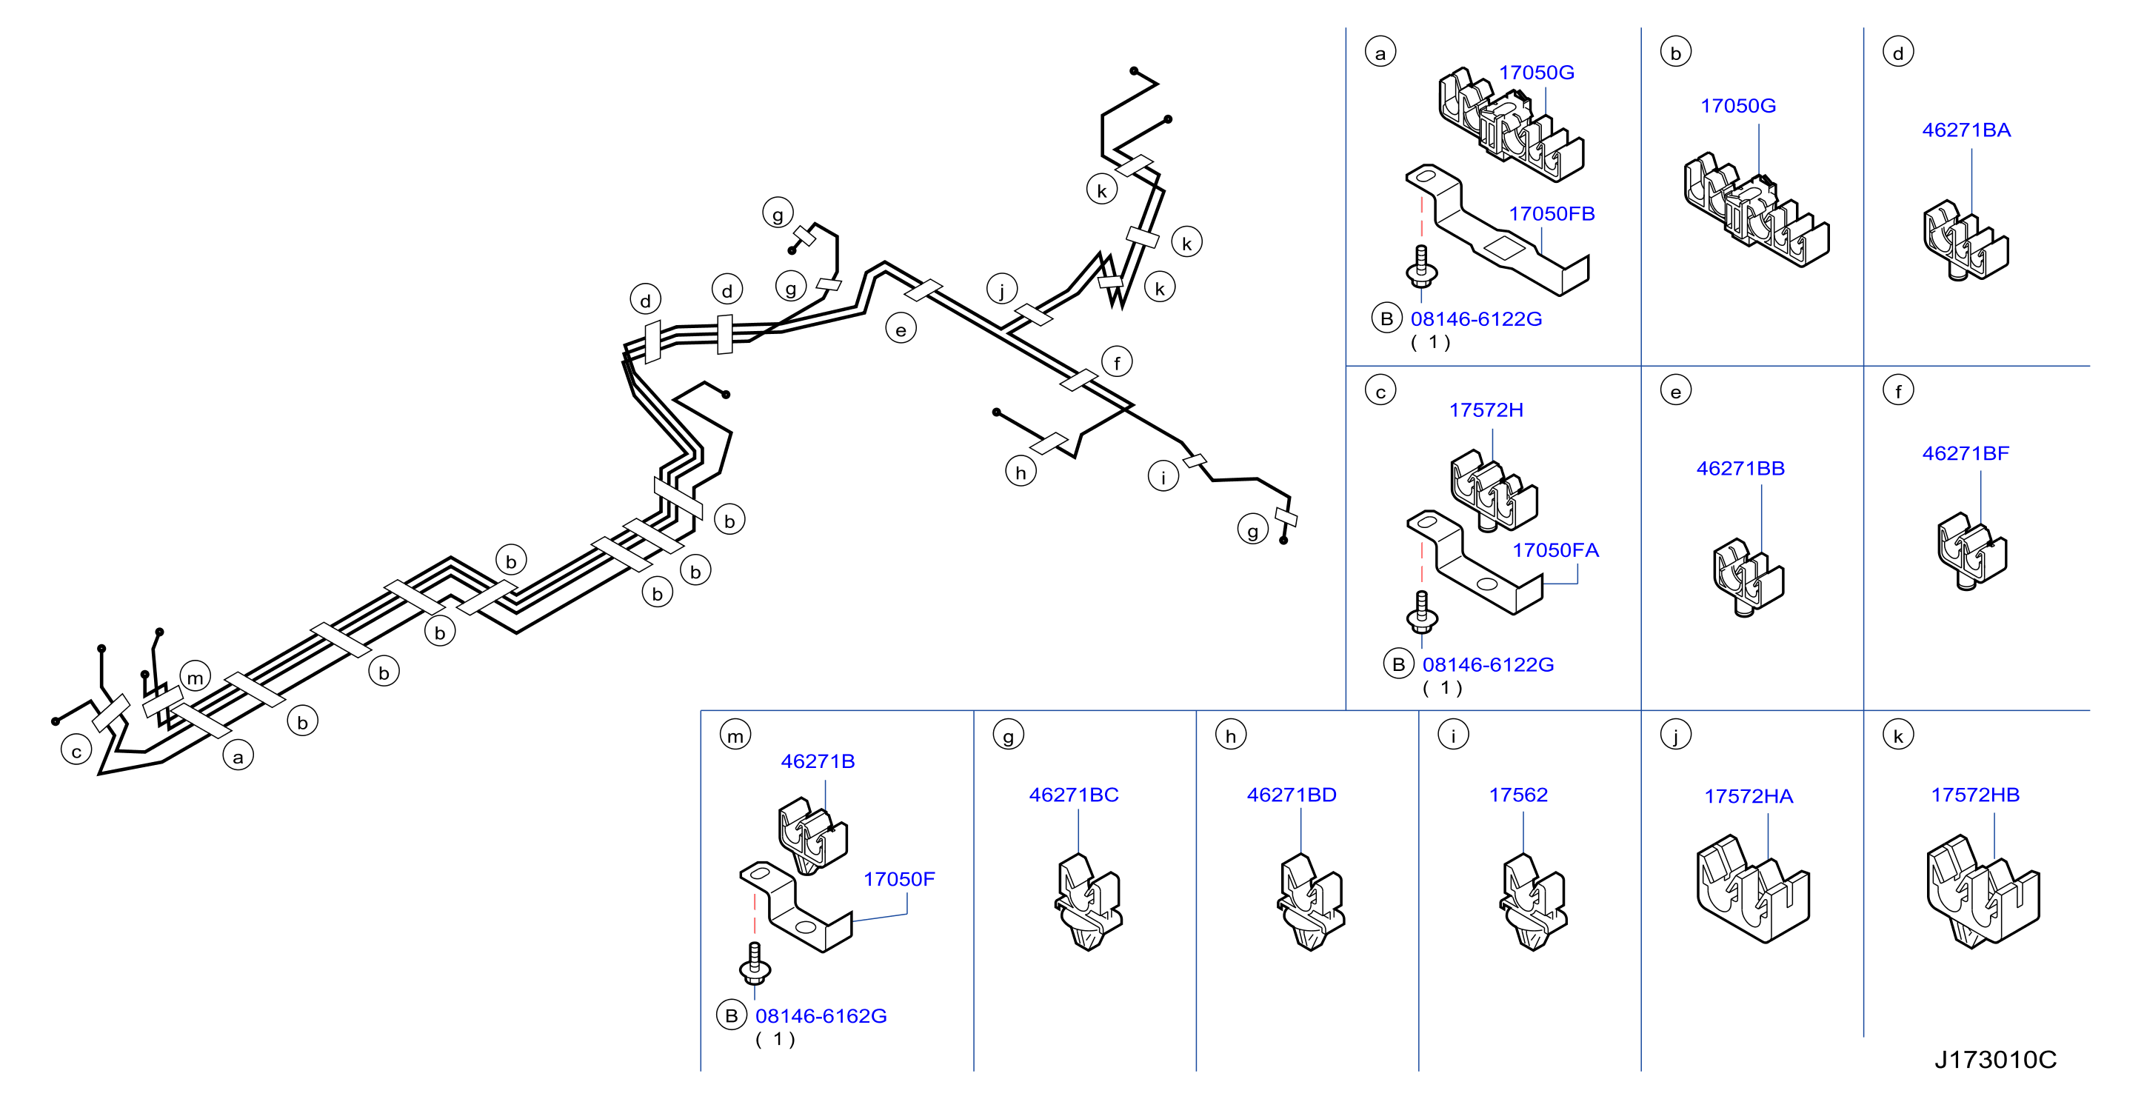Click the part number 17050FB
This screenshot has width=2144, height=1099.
[x=1552, y=214]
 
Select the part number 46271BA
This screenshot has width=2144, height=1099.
[x=1966, y=130]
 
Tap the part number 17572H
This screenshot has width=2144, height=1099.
[x=1486, y=410]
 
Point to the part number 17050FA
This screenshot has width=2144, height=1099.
[x=1554, y=550]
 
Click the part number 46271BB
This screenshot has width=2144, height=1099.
[x=1740, y=469]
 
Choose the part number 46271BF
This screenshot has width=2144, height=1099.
[x=1965, y=454]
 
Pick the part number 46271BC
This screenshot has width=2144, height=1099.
[x=1074, y=795]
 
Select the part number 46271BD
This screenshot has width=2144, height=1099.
[x=1291, y=795]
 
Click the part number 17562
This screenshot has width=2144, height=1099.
[x=1518, y=795]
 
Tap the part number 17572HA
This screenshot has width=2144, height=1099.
[x=1748, y=797]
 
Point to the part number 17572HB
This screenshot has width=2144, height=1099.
[x=1975, y=795]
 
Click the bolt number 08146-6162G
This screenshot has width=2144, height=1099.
[x=821, y=1017]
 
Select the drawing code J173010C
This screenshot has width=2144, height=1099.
[x=1995, y=1060]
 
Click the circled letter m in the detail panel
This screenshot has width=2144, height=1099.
[x=735, y=735]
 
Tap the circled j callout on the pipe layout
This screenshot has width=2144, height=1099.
[x=1002, y=289]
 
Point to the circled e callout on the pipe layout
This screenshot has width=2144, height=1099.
[x=901, y=329]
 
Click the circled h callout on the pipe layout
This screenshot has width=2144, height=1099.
[x=1021, y=472]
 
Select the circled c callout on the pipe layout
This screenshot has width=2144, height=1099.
[x=76, y=751]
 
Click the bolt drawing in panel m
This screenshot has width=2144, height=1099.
[x=755, y=963]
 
